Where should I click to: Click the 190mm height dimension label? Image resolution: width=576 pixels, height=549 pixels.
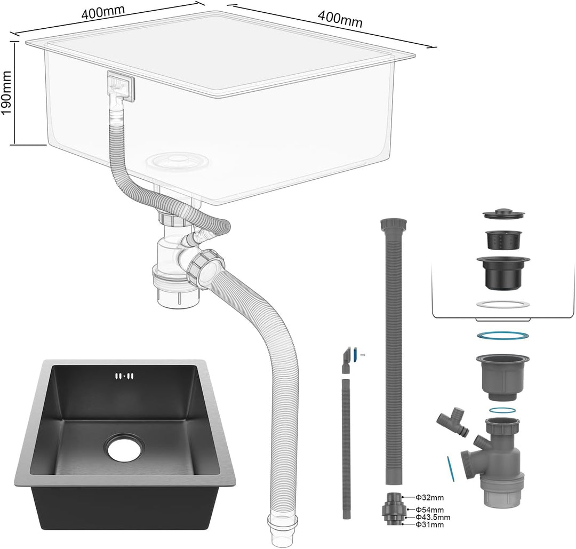tap(7, 93)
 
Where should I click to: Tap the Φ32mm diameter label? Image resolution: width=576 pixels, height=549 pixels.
tap(429, 498)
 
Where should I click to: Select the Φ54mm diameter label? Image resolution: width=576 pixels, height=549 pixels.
tap(429, 510)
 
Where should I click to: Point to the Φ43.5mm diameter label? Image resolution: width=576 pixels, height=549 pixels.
tap(433, 517)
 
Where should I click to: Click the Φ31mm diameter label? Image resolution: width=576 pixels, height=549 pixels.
tap(429, 524)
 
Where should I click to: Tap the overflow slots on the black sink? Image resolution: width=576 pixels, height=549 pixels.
tap(124, 376)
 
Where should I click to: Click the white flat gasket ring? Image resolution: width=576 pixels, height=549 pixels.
tap(503, 304)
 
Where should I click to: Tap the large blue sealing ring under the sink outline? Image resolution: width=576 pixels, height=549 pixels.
tap(502, 336)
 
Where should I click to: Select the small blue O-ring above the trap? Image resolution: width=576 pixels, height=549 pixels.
tap(502, 410)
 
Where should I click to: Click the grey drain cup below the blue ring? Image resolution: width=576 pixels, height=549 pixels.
tap(502, 377)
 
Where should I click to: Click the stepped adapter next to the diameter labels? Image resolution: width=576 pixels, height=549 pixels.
tap(394, 510)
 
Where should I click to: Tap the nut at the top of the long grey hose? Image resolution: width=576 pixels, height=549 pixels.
tap(394, 224)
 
